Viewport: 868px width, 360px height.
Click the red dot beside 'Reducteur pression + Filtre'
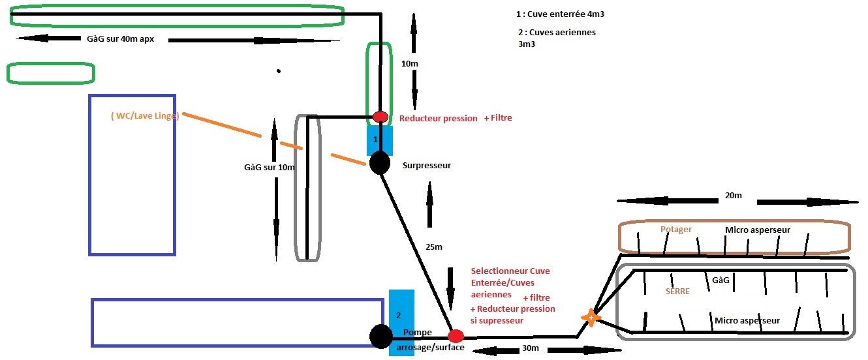[380, 117]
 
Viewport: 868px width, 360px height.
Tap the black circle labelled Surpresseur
[379, 162]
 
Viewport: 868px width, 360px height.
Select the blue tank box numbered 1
[380, 139]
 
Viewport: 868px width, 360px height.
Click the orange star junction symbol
[591, 318]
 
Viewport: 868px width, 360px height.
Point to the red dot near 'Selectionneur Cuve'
[456, 337]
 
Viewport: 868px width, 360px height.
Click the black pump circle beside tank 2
[380, 337]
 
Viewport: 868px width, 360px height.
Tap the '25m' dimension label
[433, 247]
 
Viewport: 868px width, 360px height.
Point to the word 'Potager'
[675, 230]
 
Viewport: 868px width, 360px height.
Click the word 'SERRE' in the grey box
[677, 291]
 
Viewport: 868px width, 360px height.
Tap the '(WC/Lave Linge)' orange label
[145, 116]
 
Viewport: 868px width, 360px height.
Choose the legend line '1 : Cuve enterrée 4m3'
[555, 14]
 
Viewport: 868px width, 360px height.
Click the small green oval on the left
[50, 73]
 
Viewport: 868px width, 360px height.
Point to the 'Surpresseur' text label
[427, 165]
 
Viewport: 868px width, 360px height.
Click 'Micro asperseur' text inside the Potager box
[758, 230]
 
